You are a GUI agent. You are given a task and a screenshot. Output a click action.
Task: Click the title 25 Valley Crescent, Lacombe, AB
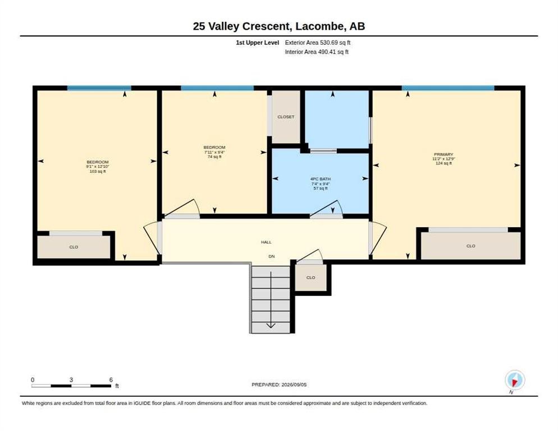point(278,26)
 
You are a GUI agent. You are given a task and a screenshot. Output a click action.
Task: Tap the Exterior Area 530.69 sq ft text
point(317,43)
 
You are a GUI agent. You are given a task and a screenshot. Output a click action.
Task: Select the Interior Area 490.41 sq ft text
point(317,52)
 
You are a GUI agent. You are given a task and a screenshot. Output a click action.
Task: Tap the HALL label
point(266,242)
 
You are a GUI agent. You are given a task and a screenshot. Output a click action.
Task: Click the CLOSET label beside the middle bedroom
point(286,117)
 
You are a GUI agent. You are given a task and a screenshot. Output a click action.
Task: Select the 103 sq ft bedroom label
point(98,167)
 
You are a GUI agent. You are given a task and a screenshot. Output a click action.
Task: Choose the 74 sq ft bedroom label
point(214,152)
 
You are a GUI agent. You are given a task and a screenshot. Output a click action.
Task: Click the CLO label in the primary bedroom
point(470,246)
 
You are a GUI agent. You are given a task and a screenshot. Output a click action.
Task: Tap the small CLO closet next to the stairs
point(310,278)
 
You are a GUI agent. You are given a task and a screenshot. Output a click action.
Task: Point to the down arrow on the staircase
point(271,300)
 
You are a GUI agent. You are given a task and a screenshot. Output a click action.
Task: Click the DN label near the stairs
point(272,256)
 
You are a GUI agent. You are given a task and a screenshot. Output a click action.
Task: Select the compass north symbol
point(515,380)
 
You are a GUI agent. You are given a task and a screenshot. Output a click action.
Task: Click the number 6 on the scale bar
point(111,380)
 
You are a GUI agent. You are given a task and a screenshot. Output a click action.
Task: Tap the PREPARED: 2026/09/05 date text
point(279,385)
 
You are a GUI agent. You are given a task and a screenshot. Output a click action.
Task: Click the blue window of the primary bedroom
point(448,88)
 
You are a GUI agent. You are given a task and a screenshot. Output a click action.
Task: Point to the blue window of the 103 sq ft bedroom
point(99,88)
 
